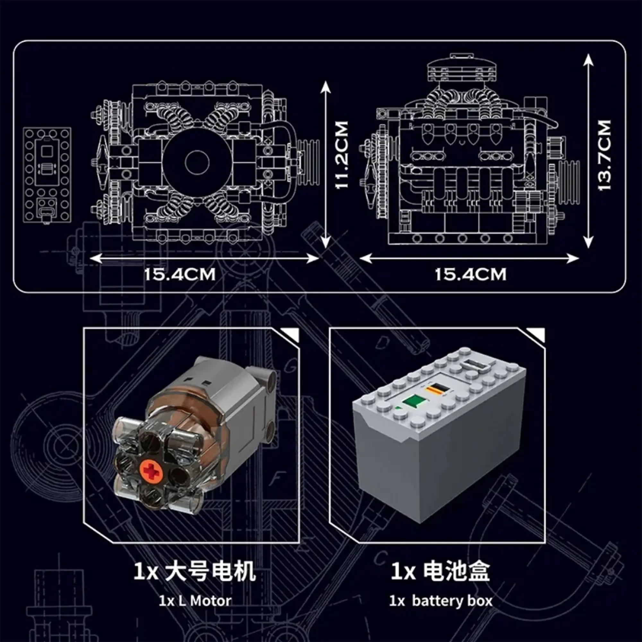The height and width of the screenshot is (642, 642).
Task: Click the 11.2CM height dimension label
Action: pyautogui.click(x=342, y=155)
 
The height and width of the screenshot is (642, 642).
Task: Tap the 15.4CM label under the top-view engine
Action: pyautogui.click(x=180, y=274)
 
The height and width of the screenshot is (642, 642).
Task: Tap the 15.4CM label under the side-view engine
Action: pyautogui.click(x=471, y=274)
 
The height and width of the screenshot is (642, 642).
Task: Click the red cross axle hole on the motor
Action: pyautogui.click(x=152, y=472)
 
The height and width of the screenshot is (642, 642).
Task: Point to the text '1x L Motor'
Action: pyautogui.click(x=195, y=601)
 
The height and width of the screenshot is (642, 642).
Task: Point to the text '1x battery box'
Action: pyautogui.click(x=441, y=601)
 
